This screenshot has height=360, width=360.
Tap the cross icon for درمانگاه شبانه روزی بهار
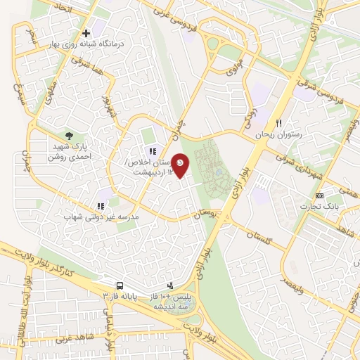coord(86,32)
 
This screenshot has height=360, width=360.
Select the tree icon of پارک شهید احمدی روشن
coord(68,135)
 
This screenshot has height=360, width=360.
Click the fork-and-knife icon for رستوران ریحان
coord(279,123)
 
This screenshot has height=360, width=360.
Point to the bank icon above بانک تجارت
coord(320,195)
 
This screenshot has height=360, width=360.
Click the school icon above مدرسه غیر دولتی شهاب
coord(101,206)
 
